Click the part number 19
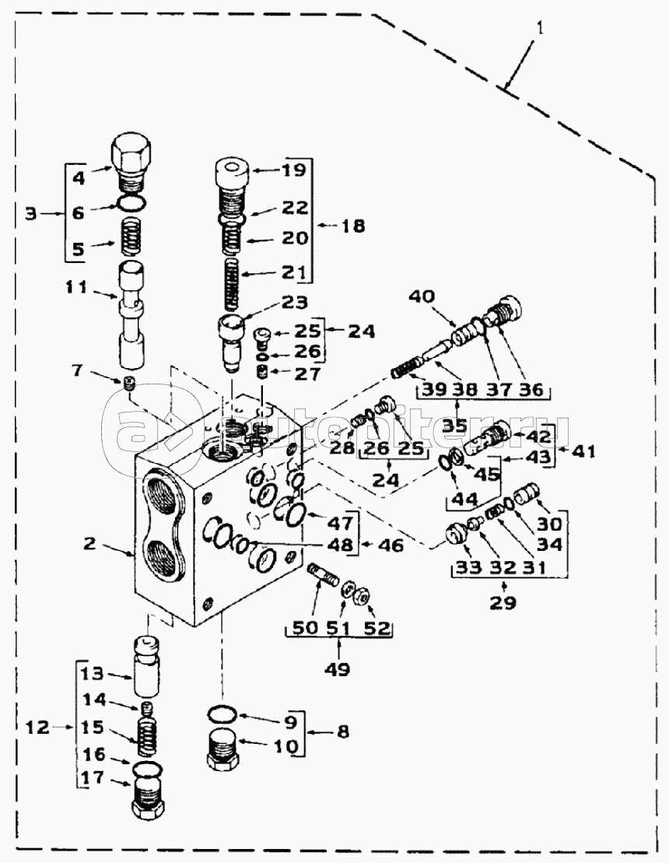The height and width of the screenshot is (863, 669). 295,170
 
